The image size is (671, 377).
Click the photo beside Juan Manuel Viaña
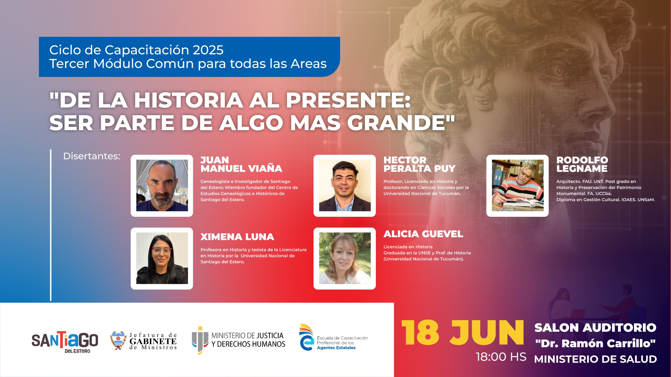pos(162,185)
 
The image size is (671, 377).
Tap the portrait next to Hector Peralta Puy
pos(345,185)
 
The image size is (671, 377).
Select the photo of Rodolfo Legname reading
pos(518,185)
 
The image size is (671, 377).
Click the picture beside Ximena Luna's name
pos(162,258)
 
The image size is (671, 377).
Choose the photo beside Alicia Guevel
pos(345,258)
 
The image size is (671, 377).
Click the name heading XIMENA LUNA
pos(237,237)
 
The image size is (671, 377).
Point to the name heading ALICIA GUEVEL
pos(423,234)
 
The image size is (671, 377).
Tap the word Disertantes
pos(91,156)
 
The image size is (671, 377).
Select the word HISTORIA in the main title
pos(188,100)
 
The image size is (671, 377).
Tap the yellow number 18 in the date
pos(420,333)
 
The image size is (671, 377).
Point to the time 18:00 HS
pos(501,357)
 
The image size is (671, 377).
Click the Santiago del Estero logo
pos(65,342)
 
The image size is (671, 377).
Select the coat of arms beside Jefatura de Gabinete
pos(118,340)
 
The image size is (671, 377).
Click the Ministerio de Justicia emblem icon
pos(200,340)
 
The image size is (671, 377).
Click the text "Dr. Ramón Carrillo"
pos(595,343)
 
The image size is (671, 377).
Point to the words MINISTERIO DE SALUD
pos(596,359)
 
